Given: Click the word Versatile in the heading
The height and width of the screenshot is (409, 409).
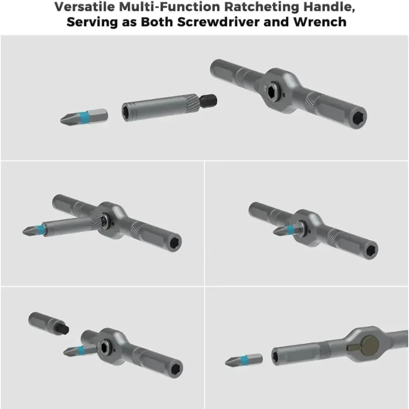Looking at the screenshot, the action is (84, 7).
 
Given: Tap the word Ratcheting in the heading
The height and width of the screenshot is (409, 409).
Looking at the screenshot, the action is (261, 7).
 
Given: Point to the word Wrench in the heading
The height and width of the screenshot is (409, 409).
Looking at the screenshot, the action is (320, 21).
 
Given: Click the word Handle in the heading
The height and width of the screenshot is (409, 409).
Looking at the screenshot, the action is (329, 7).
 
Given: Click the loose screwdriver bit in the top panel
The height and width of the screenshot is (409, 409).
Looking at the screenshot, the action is (84, 117).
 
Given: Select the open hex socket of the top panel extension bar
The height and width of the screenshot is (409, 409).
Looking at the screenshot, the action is (126, 111).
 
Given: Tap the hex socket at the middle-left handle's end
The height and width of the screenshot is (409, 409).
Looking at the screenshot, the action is (175, 243).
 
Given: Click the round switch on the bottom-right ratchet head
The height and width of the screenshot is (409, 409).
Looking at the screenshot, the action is (370, 346).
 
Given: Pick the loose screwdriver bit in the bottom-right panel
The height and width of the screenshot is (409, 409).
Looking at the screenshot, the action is (244, 360).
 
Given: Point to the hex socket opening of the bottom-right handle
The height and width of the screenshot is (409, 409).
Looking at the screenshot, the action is (275, 356).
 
